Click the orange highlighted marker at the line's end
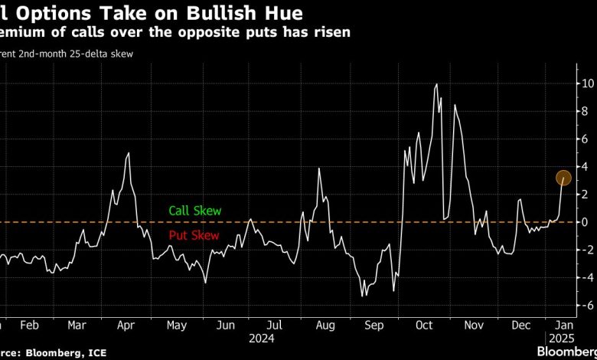tap(563, 178)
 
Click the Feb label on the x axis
tap(29, 324)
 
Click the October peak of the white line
tap(436, 84)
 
